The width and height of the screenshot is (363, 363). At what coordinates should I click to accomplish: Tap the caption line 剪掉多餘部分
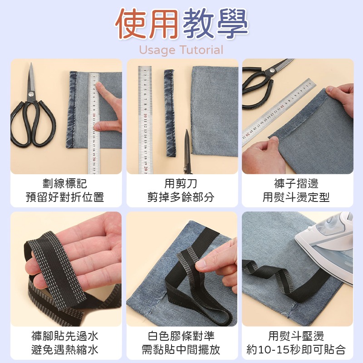(x=181, y=197)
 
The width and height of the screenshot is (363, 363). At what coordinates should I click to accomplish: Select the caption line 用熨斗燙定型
(x=296, y=197)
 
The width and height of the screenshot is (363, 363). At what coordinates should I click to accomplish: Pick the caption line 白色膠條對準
(x=181, y=336)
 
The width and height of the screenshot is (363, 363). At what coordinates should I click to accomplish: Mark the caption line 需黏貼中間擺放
(x=181, y=350)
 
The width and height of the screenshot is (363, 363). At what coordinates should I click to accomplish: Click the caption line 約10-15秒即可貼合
(x=296, y=350)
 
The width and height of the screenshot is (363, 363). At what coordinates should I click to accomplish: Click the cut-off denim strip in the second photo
(x=170, y=113)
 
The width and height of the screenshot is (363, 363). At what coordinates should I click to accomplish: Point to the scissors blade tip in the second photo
(x=186, y=133)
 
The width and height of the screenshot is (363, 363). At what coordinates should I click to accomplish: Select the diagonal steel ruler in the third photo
(x=277, y=111)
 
